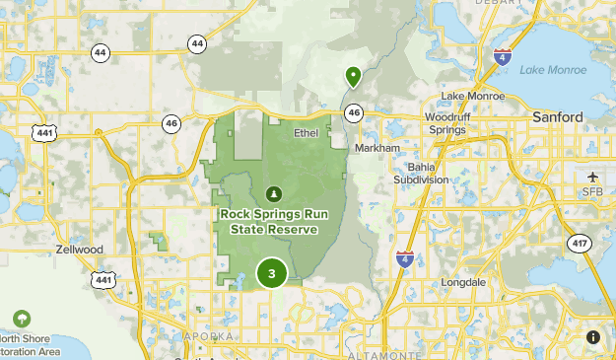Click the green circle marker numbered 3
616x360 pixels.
pyautogui.click(x=271, y=273)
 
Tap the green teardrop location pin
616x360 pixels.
pyautogui.click(x=353, y=76)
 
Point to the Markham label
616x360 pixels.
pyautogui.click(x=377, y=147)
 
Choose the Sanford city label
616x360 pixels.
pyautogui.click(x=557, y=116)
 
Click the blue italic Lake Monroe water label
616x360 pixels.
pyautogui.click(x=546, y=69)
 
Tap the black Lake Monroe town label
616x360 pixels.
pyautogui.click(x=472, y=96)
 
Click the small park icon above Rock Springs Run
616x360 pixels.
pyautogui.click(x=274, y=192)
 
